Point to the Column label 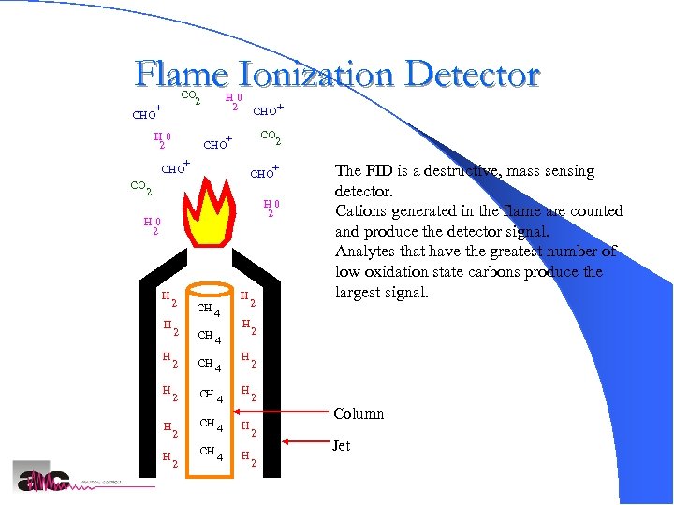(359, 414)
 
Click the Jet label (341, 446)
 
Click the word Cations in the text (361, 211)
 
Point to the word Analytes (366, 252)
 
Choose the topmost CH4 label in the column (209, 309)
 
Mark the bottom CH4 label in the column (209, 452)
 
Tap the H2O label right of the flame (271, 208)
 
